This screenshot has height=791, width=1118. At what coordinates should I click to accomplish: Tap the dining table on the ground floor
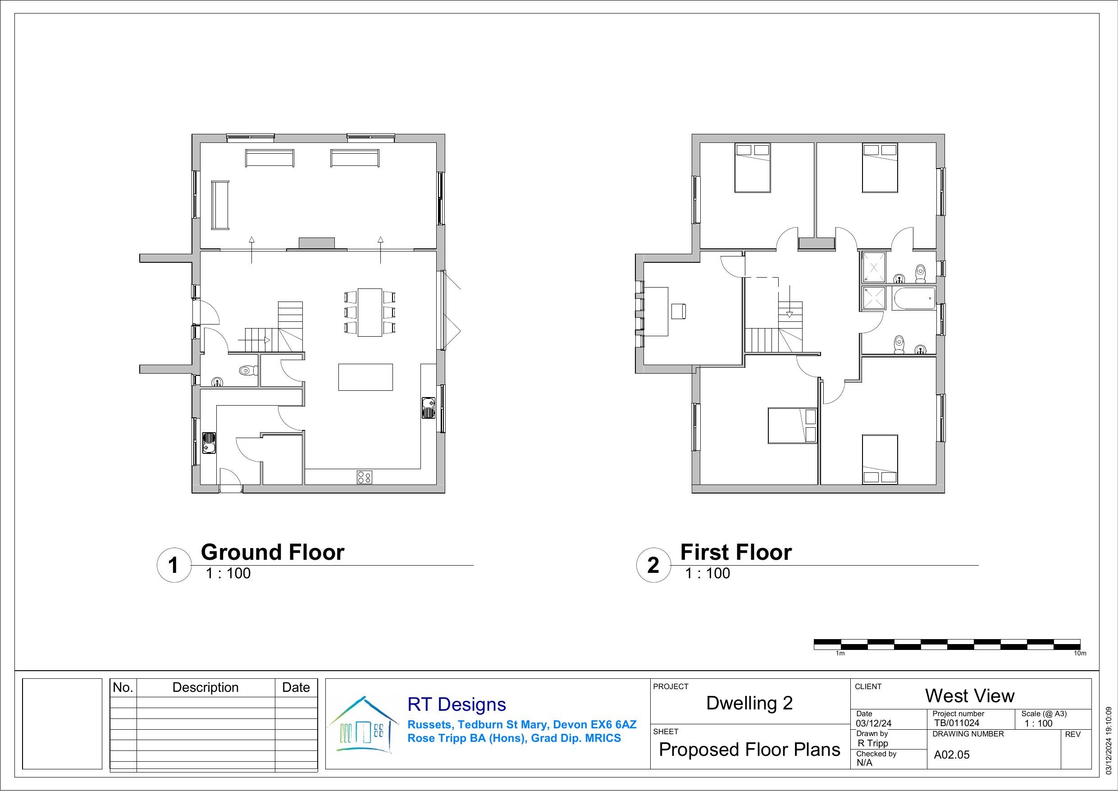(x=370, y=312)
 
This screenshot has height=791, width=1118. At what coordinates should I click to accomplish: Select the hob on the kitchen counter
(x=365, y=477)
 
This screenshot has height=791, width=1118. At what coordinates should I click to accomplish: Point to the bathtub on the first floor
(x=914, y=297)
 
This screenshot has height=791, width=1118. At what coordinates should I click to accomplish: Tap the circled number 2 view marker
(x=653, y=565)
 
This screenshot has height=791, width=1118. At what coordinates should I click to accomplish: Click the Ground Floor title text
(x=273, y=552)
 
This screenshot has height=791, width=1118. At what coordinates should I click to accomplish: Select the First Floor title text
(x=736, y=552)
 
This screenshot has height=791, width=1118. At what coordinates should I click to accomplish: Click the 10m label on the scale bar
(x=1080, y=653)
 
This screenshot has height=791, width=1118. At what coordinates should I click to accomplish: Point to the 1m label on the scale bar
(x=840, y=653)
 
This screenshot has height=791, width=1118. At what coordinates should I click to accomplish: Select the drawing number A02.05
(x=951, y=755)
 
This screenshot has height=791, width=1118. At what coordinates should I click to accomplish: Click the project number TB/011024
(x=956, y=723)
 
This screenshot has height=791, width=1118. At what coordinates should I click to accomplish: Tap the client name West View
(x=969, y=696)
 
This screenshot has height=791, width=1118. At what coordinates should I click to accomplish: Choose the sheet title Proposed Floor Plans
(x=749, y=750)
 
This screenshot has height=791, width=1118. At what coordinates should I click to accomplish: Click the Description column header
(x=205, y=687)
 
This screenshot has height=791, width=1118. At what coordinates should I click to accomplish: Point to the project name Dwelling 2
(x=749, y=703)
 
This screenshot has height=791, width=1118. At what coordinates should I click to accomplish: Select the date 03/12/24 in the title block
(x=874, y=724)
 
